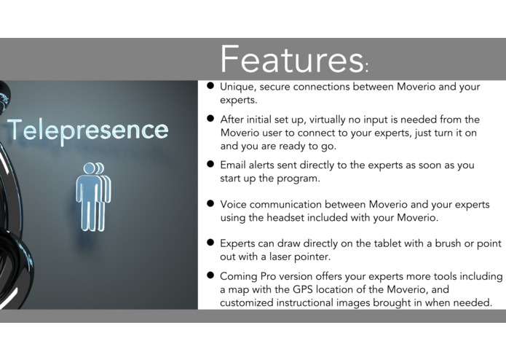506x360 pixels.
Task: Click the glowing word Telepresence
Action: [x=87, y=130]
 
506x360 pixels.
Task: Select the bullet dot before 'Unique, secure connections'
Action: [x=210, y=86]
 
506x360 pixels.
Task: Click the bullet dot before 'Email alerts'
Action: [x=210, y=165]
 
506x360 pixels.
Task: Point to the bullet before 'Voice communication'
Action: [x=210, y=204]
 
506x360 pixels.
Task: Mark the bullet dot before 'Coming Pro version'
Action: [x=210, y=276]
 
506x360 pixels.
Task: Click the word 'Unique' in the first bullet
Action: [x=237, y=87]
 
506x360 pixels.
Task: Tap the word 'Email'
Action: [x=234, y=165]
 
